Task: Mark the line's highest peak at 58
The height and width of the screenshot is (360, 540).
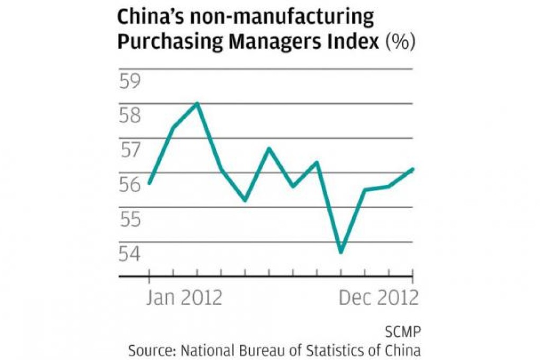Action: [197, 103]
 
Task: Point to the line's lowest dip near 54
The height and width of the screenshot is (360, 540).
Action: [341, 252]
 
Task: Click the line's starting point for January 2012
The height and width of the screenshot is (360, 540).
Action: [149, 183]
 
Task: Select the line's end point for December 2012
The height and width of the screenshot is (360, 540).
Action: [412, 169]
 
